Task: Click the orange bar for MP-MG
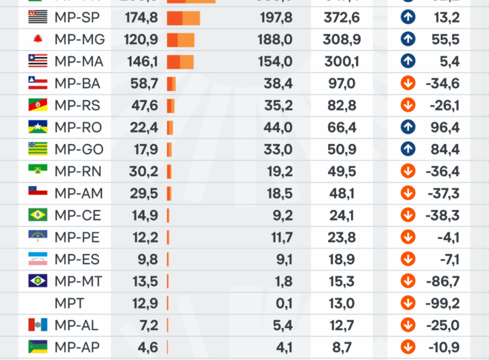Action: tap(181, 40)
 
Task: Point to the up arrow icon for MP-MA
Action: tap(407, 62)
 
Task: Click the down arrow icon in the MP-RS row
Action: tap(407, 105)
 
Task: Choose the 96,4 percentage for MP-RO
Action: tap(445, 127)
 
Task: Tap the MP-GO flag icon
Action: tap(37, 149)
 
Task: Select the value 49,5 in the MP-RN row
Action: tap(342, 171)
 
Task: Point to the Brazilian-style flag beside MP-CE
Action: tap(37, 215)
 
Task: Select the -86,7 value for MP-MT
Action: tap(443, 281)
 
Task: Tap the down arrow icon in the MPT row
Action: tap(407, 303)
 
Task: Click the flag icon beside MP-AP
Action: tap(37, 346)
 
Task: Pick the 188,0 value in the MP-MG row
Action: tap(275, 40)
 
